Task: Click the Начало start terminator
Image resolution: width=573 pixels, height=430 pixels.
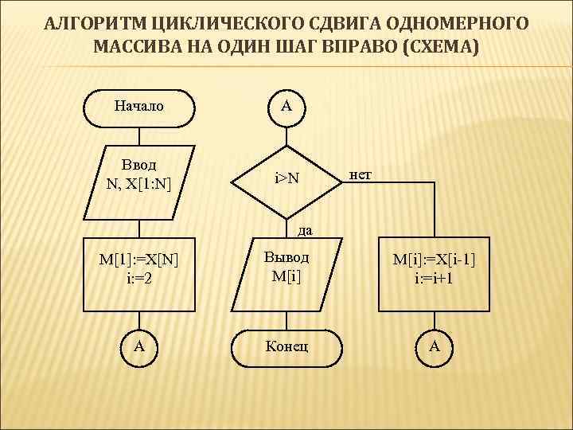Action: (139, 105)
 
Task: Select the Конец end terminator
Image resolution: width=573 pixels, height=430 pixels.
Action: (286, 346)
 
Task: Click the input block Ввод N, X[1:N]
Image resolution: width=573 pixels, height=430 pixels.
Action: (139, 182)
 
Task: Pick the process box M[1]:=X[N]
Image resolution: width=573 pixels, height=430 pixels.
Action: (139, 273)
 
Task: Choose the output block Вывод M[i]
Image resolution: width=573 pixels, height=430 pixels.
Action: (286, 273)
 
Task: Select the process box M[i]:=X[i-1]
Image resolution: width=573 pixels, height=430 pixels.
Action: (435, 273)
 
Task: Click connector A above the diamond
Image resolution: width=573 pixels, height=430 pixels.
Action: (286, 105)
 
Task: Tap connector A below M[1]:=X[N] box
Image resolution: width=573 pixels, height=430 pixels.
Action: (139, 346)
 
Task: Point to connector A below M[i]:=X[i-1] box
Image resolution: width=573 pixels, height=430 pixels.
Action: (435, 346)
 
